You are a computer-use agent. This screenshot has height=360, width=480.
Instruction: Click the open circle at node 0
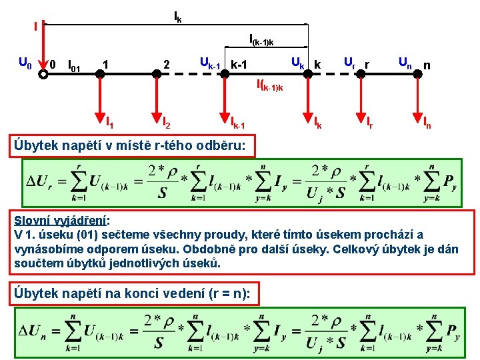pyautogui.click(x=43, y=75)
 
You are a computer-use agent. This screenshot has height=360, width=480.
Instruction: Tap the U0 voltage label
pyautogui.click(x=25, y=64)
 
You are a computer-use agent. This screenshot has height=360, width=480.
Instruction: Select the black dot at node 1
pyautogui.click(x=99, y=75)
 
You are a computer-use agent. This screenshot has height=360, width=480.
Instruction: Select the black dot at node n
pyautogui.click(x=417, y=75)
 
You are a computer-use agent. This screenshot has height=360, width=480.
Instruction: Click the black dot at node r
pyautogui.click(x=361, y=75)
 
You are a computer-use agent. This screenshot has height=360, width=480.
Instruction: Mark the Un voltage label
pyautogui.click(x=405, y=63)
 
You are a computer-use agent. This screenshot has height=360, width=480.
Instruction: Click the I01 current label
pyautogui.click(x=75, y=65)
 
